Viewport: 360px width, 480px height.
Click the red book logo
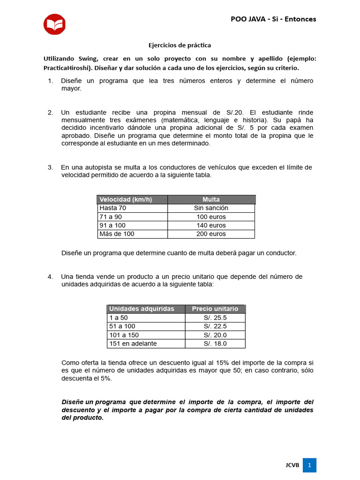[x=54, y=24]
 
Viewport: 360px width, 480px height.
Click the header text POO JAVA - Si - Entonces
[x=273, y=19]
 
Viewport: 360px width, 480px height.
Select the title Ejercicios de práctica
[x=180, y=45]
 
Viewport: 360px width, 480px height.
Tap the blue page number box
[x=309, y=465]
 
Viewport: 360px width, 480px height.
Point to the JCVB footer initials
[x=292, y=465]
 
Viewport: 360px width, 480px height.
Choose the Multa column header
[x=211, y=200]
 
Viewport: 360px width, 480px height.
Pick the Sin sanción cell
[x=211, y=208]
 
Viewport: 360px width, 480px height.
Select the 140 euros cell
[x=211, y=225]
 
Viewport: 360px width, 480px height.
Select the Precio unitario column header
[x=215, y=309]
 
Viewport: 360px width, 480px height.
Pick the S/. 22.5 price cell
[x=215, y=326]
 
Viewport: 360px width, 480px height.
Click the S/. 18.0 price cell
[x=215, y=344]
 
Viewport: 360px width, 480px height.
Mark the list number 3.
[x=50, y=168]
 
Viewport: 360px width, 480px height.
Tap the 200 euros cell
[x=211, y=234]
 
